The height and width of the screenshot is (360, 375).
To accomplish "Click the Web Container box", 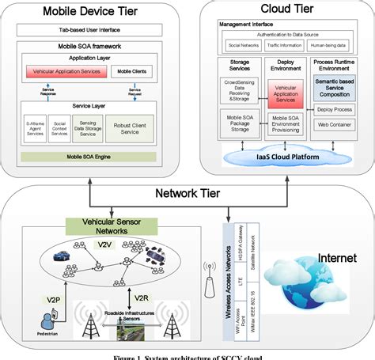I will coord(339,124).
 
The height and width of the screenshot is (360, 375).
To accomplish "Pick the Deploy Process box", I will coord(339,108).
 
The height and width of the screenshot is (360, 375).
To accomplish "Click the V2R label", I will coord(141,298).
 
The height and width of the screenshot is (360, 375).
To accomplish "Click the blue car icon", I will coord(59,255).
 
